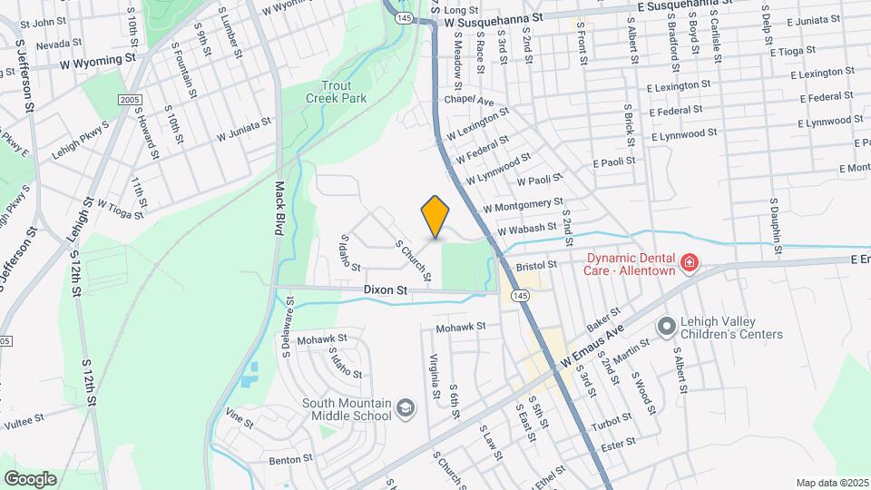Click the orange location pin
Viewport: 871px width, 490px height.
[x=435, y=216]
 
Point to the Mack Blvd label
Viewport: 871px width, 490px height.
[x=280, y=208]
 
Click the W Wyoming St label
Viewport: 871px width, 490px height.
[x=97, y=64]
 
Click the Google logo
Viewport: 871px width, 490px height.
[x=30, y=478]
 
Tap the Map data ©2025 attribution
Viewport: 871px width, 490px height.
[x=831, y=482]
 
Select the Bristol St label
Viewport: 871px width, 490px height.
[x=535, y=266]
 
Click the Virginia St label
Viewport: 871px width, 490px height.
[x=435, y=377]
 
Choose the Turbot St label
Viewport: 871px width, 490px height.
[x=610, y=421]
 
